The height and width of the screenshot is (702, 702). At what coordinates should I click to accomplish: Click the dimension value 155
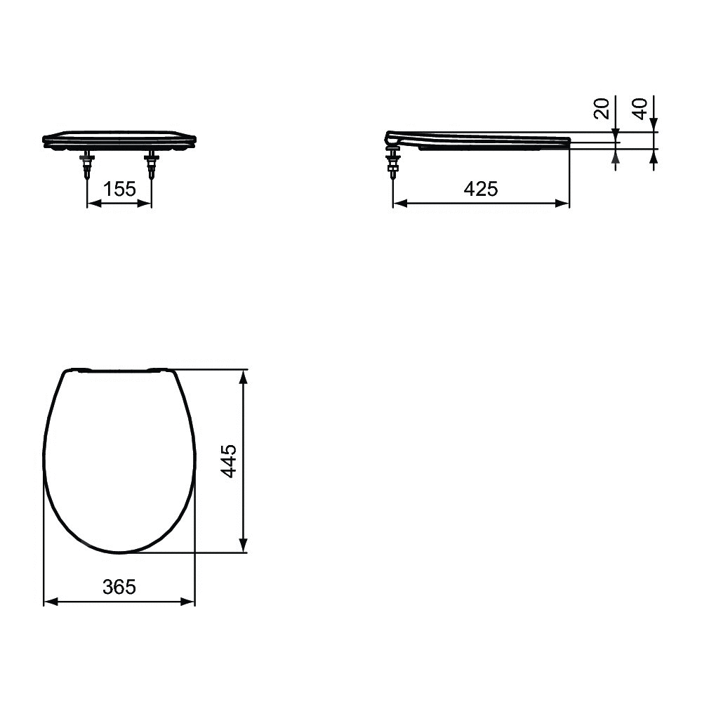point(119,189)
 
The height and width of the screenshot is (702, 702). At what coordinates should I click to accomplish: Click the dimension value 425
point(481,189)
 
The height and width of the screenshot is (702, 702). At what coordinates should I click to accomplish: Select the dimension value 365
point(119,587)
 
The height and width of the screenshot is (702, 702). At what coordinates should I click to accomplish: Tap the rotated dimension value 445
point(230,461)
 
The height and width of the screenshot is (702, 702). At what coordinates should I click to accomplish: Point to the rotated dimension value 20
point(602,108)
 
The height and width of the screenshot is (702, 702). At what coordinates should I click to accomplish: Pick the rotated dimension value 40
point(640,109)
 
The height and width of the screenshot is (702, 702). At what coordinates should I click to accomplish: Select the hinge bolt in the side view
point(393,162)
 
